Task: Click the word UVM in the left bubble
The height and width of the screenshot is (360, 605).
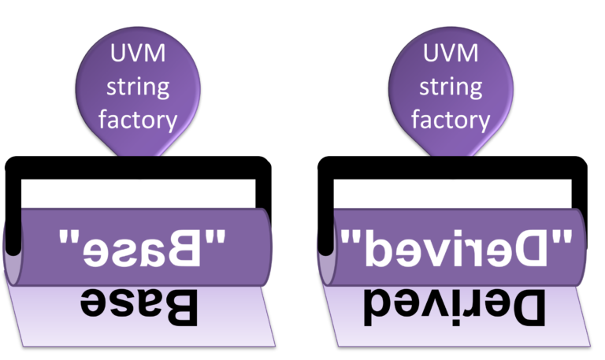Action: pyautogui.click(x=138, y=54)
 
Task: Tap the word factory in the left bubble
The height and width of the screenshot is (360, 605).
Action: pyautogui.click(x=138, y=119)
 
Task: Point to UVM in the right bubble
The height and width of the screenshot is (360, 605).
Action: pyautogui.click(x=451, y=54)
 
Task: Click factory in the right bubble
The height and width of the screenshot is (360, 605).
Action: pyautogui.click(x=451, y=119)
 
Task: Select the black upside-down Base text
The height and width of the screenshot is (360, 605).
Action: pyautogui.click(x=138, y=307)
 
